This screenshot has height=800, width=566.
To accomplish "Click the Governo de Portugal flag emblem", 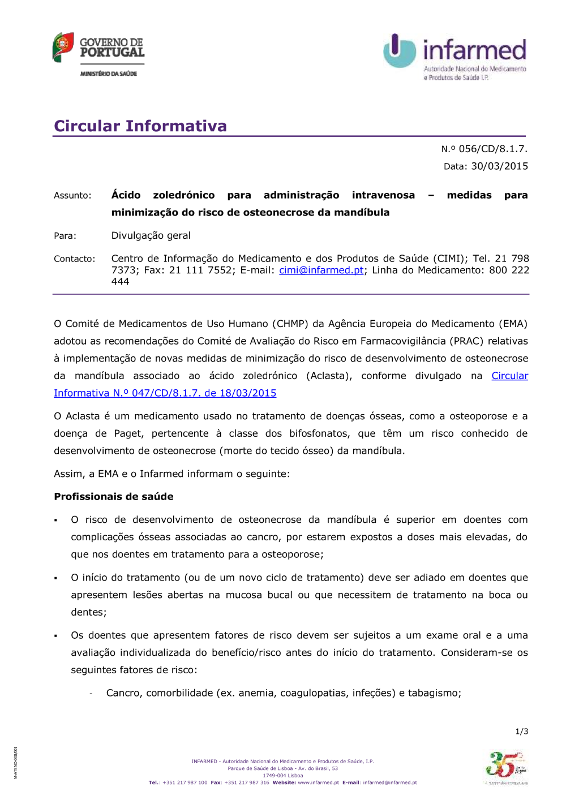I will [x=63, y=47].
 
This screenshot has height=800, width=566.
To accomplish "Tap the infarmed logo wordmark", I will [x=474, y=50].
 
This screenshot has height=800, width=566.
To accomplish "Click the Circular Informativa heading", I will [x=140, y=126].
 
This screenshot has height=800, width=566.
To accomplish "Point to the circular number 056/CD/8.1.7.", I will [x=492, y=149].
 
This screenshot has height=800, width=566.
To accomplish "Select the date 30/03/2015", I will [x=499, y=166].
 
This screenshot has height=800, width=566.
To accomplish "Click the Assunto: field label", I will [x=72, y=196].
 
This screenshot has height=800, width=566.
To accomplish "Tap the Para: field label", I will [x=65, y=236].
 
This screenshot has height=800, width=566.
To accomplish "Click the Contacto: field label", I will [x=75, y=259].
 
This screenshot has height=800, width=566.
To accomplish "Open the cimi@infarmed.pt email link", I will [x=321, y=270].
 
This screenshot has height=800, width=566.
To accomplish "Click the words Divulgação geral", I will [x=151, y=235].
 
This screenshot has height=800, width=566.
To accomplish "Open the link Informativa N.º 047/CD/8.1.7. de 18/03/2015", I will [x=165, y=393].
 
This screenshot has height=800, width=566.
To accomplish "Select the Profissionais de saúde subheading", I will [x=114, y=497].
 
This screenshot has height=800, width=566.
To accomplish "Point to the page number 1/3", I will [x=521, y=732].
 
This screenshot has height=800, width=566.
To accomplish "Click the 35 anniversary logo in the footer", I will [x=505, y=766].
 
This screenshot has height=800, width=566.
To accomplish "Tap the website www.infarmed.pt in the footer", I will [x=318, y=783].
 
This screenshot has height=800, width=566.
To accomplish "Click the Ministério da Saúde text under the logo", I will [x=109, y=74].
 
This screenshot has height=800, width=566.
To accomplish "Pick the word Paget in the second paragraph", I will [x=128, y=433].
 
